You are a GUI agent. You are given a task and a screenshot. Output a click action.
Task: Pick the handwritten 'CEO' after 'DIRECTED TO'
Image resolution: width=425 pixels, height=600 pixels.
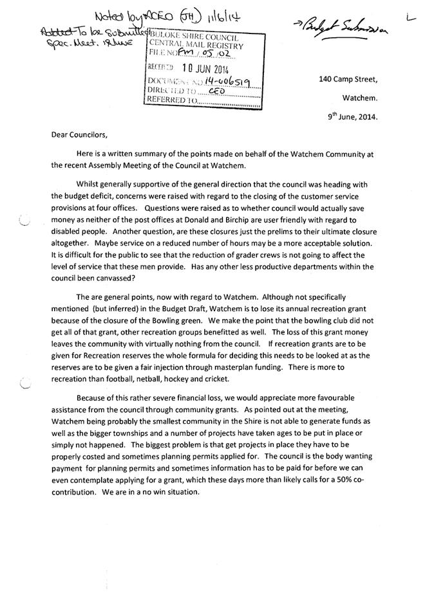pos(216,91)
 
